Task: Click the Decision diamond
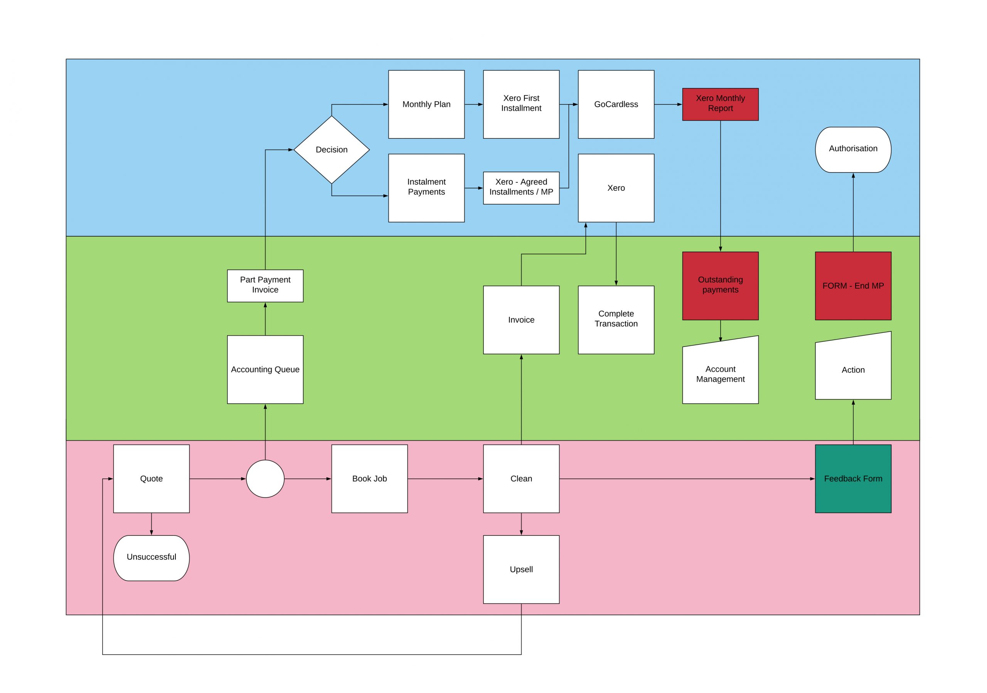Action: click(x=332, y=150)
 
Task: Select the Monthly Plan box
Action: click(x=426, y=104)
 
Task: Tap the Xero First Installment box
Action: click(x=521, y=104)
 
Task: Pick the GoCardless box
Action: click(x=616, y=104)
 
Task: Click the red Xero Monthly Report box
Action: click(x=721, y=104)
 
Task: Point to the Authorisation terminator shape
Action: click(x=853, y=150)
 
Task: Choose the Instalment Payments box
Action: click(x=426, y=188)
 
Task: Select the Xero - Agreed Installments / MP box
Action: click(x=521, y=188)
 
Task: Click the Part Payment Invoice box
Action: click(x=265, y=286)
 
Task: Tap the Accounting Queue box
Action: click(x=265, y=370)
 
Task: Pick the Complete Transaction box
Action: click(x=616, y=320)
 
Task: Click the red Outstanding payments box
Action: click(x=721, y=286)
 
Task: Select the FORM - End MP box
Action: click(x=853, y=286)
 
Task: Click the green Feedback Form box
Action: click(x=853, y=479)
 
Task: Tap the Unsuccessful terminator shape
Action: click(x=151, y=558)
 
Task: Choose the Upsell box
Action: click(x=521, y=570)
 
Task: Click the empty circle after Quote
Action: click(x=265, y=479)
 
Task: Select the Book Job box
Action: click(x=370, y=479)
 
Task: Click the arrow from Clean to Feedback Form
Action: click(x=687, y=479)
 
